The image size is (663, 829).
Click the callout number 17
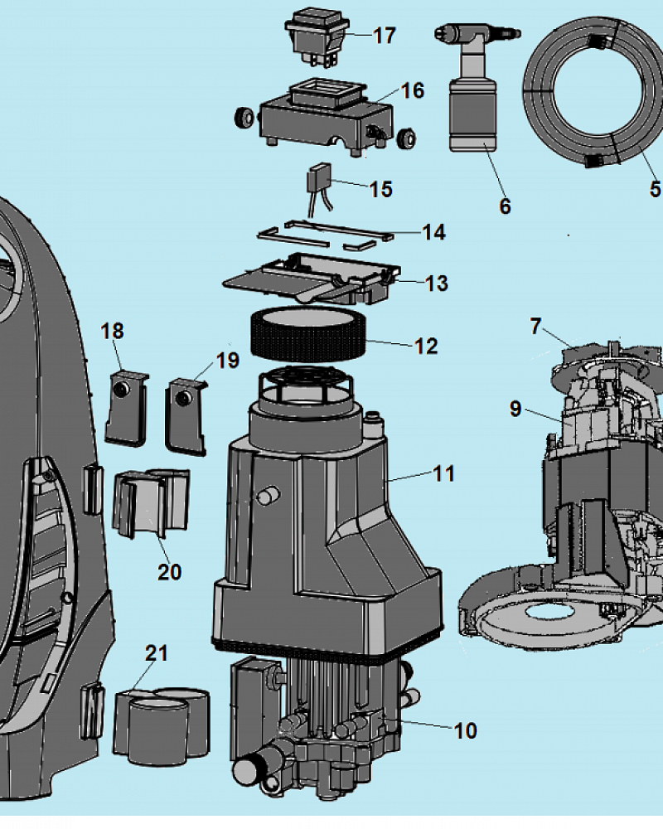385,36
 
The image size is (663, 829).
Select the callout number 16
413,90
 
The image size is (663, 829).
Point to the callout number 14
434,232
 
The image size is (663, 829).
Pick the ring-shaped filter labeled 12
309,333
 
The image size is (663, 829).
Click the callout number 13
437,284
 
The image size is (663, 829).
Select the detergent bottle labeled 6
473,86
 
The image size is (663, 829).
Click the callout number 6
505,206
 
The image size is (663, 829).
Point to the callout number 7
536,326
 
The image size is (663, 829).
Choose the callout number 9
515,409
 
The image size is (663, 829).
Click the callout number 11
443,473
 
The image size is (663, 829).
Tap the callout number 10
465,730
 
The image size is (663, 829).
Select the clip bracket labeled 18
127,408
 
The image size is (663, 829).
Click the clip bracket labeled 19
186,416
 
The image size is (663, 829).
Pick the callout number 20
169,571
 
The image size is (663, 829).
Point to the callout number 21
157,653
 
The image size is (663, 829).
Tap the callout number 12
426,347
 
